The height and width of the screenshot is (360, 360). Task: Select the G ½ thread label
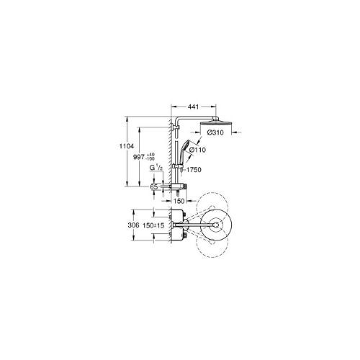point(154,169)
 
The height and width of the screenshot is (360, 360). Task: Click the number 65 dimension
point(153,186)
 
